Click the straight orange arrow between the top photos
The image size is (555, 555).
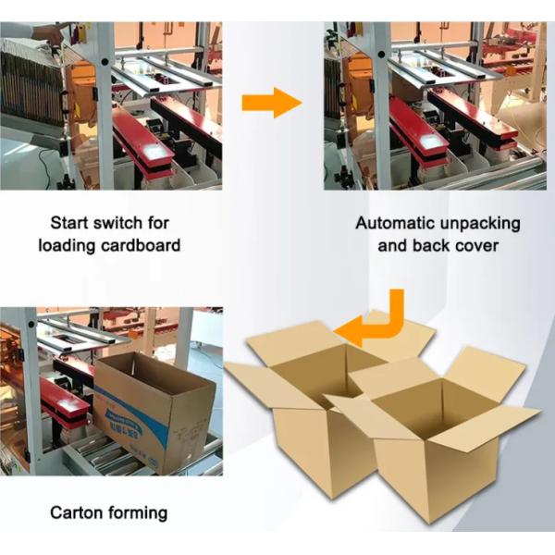(x=271, y=103)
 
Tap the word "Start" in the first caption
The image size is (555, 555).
(x=69, y=223)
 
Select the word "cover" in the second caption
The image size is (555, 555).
(x=479, y=246)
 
